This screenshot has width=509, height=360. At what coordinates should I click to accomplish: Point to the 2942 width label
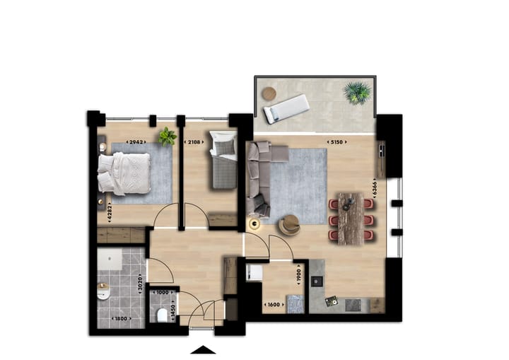pyautogui.click(x=135, y=141)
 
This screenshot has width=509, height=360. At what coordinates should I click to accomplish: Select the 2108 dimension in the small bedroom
pyautogui.click(x=195, y=141)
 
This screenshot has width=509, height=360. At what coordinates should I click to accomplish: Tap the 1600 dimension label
pyautogui.click(x=274, y=305)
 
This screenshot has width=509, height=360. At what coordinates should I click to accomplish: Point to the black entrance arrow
pyautogui.click(x=204, y=349)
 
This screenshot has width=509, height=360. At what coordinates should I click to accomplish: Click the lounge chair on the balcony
pyautogui.click(x=286, y=109)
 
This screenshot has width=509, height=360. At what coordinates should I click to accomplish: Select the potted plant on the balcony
pyautogui.click(x=357, y=93)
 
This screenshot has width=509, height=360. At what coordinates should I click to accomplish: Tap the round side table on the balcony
pyautogui.click(x=269, y=93)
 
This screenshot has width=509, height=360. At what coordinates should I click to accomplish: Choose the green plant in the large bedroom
pyautogui.click(x=167, y=137)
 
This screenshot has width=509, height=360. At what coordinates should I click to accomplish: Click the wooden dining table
pyautogui.click(x=350, y=219)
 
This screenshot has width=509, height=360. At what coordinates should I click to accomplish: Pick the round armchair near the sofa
pyautogui.click(x=289, y=225)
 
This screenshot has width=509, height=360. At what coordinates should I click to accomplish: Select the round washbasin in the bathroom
pyautogui.click(x=104, y=291)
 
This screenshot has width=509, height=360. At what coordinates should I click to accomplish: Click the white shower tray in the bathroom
pyautogui.click(x=111, y=259)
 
